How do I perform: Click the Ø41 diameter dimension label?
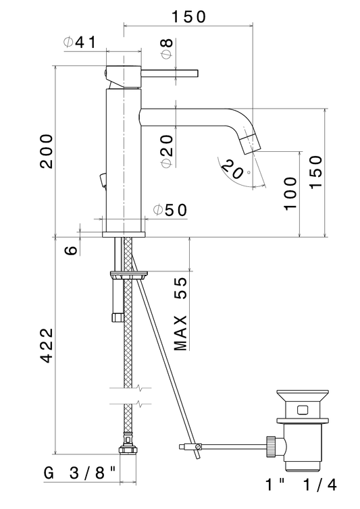click(80, 42)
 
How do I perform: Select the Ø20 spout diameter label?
click(167, 151)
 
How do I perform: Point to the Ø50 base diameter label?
click(170, 210)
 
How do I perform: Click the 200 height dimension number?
click(47, 151)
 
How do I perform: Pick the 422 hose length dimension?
click(47, 345)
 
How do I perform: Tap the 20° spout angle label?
click(234, 169)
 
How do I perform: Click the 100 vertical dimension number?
click(290, 194)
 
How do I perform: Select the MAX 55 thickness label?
click(181, 314)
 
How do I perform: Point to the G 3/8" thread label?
click(80, 473)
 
